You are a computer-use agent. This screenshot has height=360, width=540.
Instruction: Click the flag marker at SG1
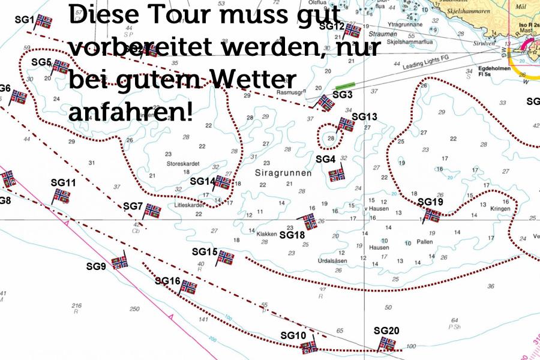click(x=43, y=22)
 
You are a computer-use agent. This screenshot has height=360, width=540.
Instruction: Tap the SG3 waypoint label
click(x=342, y=94)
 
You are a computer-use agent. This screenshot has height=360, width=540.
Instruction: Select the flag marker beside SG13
click(x=346, y=124)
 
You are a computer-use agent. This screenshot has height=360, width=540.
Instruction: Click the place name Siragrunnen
click(x=284, y=173)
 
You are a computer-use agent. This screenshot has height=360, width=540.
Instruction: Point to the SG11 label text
click(x=63, y=182)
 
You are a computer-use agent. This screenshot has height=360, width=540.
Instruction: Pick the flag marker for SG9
click(x=120, y=262)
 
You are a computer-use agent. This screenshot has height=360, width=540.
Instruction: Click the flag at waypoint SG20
click(x=388, y=344)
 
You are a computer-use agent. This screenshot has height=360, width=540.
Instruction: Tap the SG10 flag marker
click(x=309, y=346)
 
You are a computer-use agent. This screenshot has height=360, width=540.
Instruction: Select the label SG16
click(x=167, y=280)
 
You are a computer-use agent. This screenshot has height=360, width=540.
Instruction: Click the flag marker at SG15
click(x=226, y=257)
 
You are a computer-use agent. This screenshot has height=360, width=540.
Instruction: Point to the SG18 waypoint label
click(x=292, y=235)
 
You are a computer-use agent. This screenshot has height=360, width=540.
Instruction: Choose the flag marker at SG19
click(x=432, y=215)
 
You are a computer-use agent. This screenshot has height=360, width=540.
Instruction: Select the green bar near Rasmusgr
click(x=344, y=86)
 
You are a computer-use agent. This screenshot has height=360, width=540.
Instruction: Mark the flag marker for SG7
click(x=152, y=211)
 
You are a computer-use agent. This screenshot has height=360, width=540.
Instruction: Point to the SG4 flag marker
click(x=337, y=173)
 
